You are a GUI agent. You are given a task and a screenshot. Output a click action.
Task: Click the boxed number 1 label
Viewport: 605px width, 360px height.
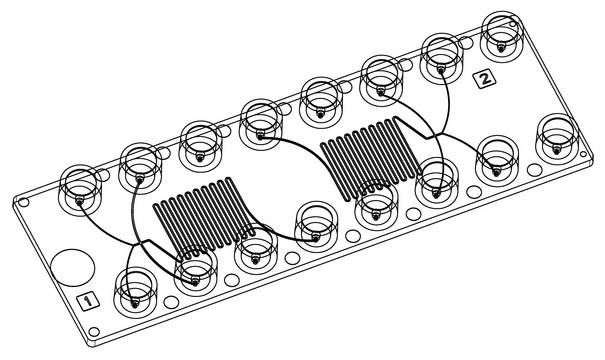[88, 300]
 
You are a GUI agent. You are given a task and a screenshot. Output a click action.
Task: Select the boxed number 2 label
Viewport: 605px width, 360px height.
[485, 78]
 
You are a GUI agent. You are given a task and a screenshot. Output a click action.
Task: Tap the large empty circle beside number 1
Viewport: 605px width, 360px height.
[73, 268]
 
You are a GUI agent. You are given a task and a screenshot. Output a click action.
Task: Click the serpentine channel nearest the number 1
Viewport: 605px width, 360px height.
[204, 218]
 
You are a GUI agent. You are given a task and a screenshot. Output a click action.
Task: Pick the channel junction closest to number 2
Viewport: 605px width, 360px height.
[435, 135]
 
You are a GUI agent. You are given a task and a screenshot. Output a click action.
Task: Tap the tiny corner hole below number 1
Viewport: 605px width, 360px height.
[94, 331]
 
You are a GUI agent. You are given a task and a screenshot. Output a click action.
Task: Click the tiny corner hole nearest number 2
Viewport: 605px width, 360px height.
[512, 24]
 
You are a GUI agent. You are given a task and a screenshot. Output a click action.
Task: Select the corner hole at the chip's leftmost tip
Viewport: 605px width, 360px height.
[24, 202]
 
